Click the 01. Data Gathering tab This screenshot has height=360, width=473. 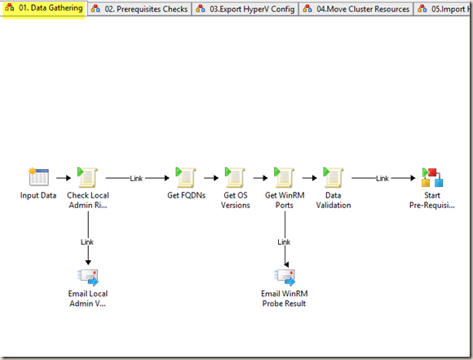[44, 8]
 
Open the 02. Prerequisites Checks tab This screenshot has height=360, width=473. [139, 9]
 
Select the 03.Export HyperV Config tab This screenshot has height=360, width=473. [245, 9]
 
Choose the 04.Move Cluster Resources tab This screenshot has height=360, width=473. [356, 9]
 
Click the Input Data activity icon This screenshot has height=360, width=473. [38, 176]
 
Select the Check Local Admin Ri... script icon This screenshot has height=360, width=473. [87, 177]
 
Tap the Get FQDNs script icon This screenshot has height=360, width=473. [186, 177]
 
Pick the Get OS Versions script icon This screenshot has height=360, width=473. [236, 177]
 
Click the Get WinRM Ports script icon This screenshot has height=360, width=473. [284, 177]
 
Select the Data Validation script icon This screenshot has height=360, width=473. [334, 177]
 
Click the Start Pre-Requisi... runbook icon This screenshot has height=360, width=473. [432, 177]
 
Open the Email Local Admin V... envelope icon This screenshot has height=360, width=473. [88, 278]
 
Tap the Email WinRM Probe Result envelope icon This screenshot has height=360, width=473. [285, 278]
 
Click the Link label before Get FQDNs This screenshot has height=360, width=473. [136, 179]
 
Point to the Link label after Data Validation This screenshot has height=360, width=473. [382, 179]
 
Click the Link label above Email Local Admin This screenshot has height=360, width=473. [87, 242]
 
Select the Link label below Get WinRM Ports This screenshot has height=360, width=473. [284, 242]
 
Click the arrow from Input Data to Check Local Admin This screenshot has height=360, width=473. [64, 178]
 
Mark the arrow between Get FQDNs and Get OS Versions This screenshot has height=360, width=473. [211, 178]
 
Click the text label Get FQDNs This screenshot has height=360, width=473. [186, 195]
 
